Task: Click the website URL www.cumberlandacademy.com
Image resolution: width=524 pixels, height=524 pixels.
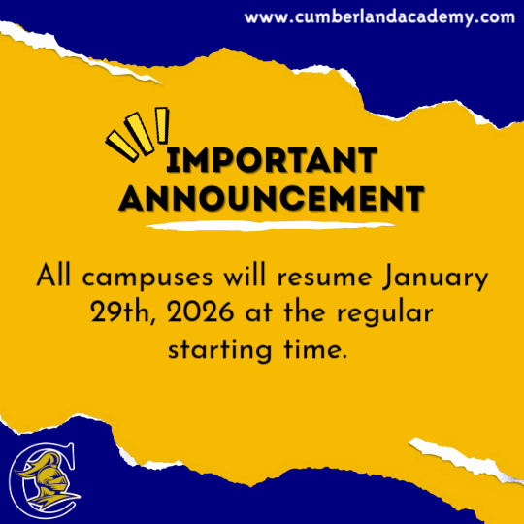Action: [x=379, y=17]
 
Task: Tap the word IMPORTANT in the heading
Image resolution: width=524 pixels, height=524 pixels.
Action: [x=272, y=160]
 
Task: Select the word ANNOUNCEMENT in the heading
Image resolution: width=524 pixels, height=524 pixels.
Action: [x=272, y=198]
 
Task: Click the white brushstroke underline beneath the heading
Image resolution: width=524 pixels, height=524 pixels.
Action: [x=270, y=226]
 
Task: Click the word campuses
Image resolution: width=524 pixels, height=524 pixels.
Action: [x=147, y=278]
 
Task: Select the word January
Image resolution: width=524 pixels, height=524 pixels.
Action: [x=435, y=278]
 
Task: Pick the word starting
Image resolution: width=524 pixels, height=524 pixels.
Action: [x=219, y=351]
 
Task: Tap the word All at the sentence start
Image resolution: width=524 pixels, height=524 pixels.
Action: [x=53, y=276]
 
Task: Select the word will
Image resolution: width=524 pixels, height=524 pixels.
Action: [x=245, y=276]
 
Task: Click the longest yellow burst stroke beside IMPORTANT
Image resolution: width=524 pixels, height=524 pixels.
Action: [x=140, y=134]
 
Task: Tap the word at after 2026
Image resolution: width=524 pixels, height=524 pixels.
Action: [x=259, y=314]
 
